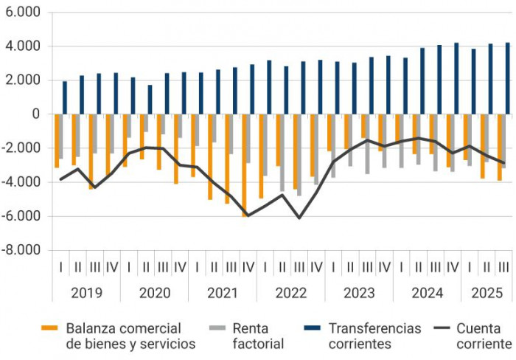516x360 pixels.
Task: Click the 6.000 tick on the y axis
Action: (x=21, y=13)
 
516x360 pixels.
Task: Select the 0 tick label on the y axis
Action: (x=34, y=114)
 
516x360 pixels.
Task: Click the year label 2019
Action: (x=86, y=293)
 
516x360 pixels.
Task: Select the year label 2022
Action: (x=290, y=293)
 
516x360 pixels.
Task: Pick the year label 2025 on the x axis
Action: (x=487, y=293)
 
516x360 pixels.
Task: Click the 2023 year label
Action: (x=359, y=293)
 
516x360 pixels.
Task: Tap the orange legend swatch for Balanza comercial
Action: (x=50, y=328)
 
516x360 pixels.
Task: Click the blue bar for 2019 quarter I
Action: (x=65, y=97)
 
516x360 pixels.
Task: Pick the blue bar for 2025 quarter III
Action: (x=507, y=78)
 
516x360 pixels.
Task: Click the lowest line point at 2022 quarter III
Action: (x=299, y=218)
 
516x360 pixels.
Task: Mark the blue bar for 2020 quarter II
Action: (x=150, y=100)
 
